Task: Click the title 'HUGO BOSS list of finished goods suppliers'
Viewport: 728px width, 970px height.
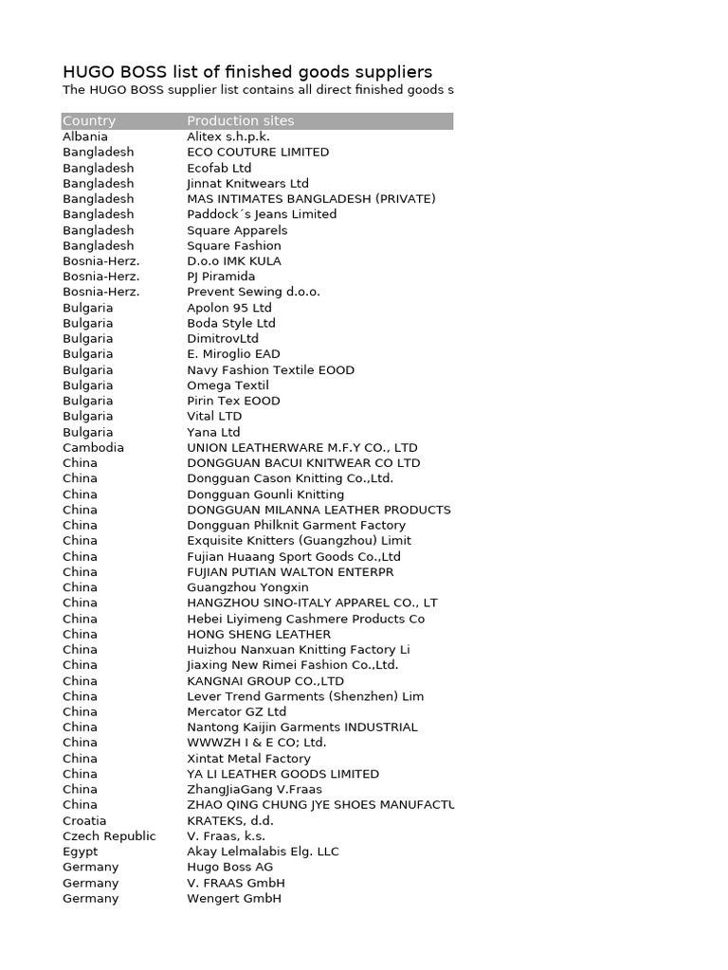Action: [x=247, y=72]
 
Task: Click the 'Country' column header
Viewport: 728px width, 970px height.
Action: [x=89, y=121]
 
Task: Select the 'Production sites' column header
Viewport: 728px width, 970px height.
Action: [x=241, y=121]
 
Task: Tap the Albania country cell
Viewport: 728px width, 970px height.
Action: [x=85, y=136]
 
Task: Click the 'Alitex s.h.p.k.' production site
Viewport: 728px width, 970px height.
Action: [x=228, y=136]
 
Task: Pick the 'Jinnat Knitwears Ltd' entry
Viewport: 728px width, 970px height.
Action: [x=247, y=183]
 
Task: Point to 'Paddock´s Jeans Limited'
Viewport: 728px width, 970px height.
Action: [x=262, y=214]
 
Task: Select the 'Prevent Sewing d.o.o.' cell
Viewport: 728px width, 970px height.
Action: [x=253, y=292]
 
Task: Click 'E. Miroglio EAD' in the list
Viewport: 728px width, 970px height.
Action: [x=233, y=354]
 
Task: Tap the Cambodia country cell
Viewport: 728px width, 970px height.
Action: [x=93, y=447]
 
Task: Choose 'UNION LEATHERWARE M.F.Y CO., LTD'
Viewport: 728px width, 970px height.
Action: [x=301, y=447]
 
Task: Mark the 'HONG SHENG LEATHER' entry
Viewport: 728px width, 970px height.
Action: [x=259, y=634]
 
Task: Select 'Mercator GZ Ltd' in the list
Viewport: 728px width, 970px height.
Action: [x=236, y=711]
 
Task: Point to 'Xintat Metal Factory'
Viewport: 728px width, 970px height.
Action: [x=248, y=759]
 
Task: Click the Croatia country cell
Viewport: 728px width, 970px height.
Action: [x=84, y=820]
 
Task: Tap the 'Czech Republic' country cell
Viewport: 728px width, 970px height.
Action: [x=109, y=836]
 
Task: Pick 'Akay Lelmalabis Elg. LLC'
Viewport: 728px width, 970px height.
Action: [x=263, y=852]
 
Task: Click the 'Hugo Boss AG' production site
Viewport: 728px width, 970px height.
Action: [x=229, y=867]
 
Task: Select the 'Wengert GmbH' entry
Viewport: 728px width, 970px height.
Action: [x=234, y=898]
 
